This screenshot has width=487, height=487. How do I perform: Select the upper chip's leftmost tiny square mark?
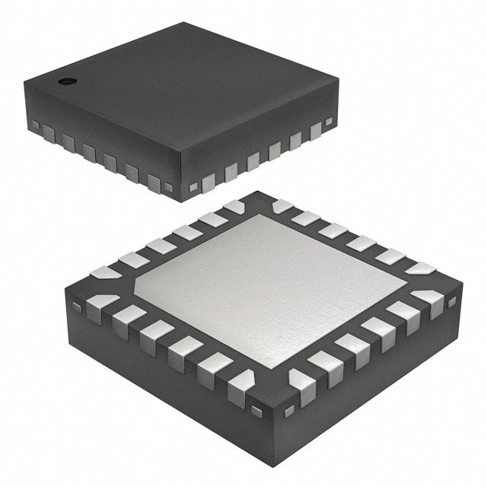click(35, 124)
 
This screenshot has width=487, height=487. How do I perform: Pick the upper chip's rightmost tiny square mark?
click(329, 122)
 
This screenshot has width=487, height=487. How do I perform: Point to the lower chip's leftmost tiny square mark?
click(76, 307)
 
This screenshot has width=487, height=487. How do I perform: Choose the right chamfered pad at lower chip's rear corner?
click(282, 206)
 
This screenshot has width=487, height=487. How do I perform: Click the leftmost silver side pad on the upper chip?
click(50, 134)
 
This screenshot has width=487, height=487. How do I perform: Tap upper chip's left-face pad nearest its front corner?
click(154, 181)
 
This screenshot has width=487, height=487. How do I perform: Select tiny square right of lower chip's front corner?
click(288, 412)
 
